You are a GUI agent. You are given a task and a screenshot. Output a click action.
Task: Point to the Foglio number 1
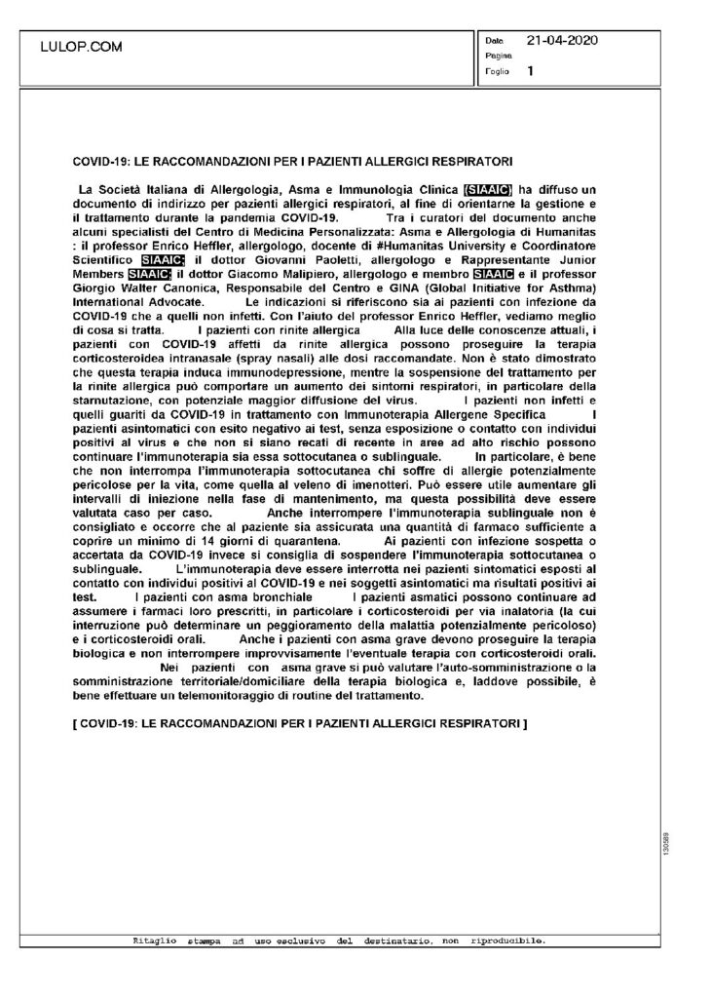point(530,71)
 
